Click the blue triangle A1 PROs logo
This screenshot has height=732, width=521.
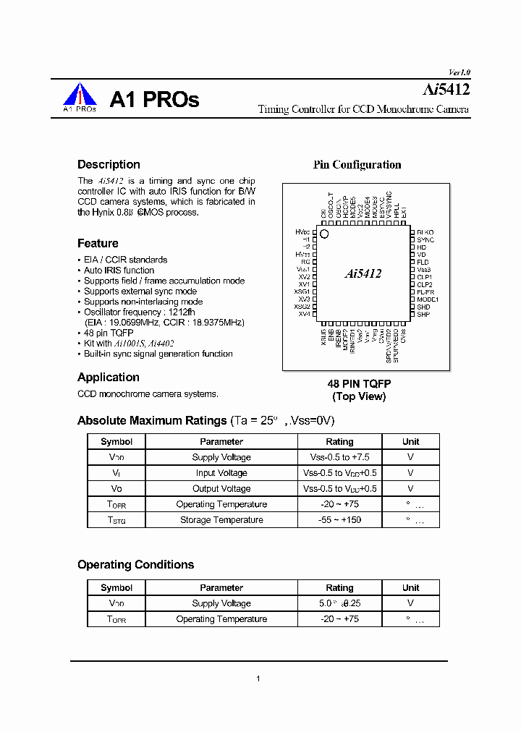pyautogui.click(x=80, y=97)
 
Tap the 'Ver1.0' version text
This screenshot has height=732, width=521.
pyautogui.click(x=459, y=72)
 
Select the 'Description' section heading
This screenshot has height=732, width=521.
pyautogui.click(x=103, y=164)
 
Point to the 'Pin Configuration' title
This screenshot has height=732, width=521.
pyautogui.click(x=357, y=165)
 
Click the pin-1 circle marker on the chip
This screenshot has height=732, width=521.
pyautogui.click(x=324, y=234)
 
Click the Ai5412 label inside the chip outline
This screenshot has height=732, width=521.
pyautogui.click(x=363, y=273)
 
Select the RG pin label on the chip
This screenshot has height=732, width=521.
pyautogui.click(x=305, y=262)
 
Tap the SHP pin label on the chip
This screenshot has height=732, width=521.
pyautogui.click(x=423, y=315)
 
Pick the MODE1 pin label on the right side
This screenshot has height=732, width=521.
pyautogui.click(x=428, y=299)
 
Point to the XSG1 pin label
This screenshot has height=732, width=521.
pyautogui.click(x=302, y=291)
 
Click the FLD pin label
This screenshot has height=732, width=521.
pyautogui.click(x=423, y=262)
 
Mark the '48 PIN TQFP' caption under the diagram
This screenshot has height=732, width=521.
pyautogui.click(x=360, y=384)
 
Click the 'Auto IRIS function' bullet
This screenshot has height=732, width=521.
pyautogui.click(x=119, y=271)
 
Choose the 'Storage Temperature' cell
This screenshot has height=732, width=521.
pyautogui.click(x=221, y=520)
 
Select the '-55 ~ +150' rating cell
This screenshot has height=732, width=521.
pyautogui.click(x=339, y=520)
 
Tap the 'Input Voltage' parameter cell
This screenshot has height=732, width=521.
pyautogui.click(x=221, y=473)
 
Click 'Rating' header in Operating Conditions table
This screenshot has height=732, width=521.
pyautogui.click(x=339, y=588)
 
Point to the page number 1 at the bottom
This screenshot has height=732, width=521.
pyautogui.click(x=258, y=678)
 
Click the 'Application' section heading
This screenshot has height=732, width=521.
pyautogui.click(x=109, y=378)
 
